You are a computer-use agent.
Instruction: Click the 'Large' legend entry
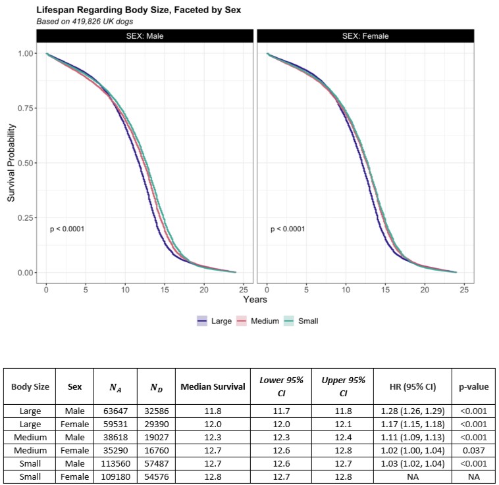pos(215,321)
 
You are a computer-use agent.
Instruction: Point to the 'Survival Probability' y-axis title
pos(11,162)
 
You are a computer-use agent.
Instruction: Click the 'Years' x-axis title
pos(255,300)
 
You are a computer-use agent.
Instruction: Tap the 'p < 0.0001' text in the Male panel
pos(67,229)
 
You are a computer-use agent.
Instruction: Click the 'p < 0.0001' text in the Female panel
pos(288,229)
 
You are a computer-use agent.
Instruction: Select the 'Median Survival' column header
pos(213,386)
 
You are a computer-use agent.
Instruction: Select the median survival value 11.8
pos(213,411)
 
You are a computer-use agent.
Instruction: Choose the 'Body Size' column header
pos(30,386)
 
